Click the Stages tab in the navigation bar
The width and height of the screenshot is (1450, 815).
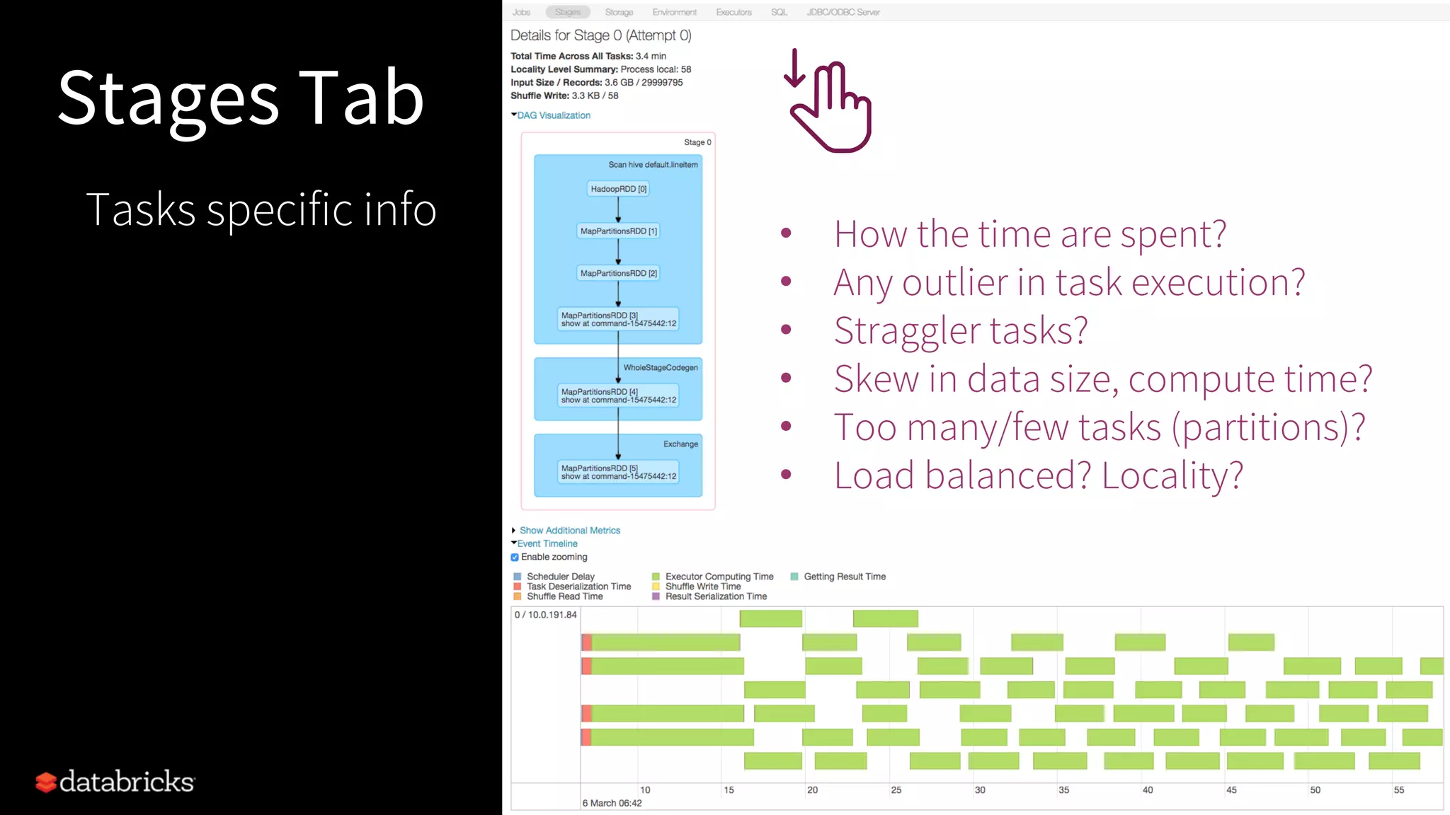click(x=568, y=12)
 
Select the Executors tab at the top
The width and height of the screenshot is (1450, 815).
click(x=733, y=12)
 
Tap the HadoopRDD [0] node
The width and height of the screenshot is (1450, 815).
click(x=619, y=189)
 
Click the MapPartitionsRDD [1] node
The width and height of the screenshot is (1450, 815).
click(x=619, y=231)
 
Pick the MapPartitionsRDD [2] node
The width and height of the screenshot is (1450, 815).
click(x=619, y=273)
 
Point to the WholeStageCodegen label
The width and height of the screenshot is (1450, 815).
click(x=661, y=368)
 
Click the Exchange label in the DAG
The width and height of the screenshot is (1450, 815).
click(x=680, y=444)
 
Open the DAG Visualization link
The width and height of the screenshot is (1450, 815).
click(x=554, y=115)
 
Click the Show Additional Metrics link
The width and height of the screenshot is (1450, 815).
click(x=569, y=531)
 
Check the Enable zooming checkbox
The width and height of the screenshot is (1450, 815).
click(x=515, y=557)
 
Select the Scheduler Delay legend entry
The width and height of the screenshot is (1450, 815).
click(x=560, y=577)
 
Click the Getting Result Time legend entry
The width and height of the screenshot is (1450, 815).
click(x=844, y=577)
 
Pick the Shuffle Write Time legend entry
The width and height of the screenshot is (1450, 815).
click(x=702, y=586)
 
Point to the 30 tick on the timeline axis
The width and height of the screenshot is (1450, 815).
click(x=980, y=790)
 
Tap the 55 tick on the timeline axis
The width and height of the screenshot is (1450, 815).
click(x=1399, y=790)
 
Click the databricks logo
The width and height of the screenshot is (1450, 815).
click(x=115, y=782)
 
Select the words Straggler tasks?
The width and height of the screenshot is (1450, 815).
click(x=960, y=330)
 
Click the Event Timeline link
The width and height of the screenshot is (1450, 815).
click(x=547, y=544)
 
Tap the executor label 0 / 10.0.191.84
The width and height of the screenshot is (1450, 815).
click(x=545, y=615)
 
